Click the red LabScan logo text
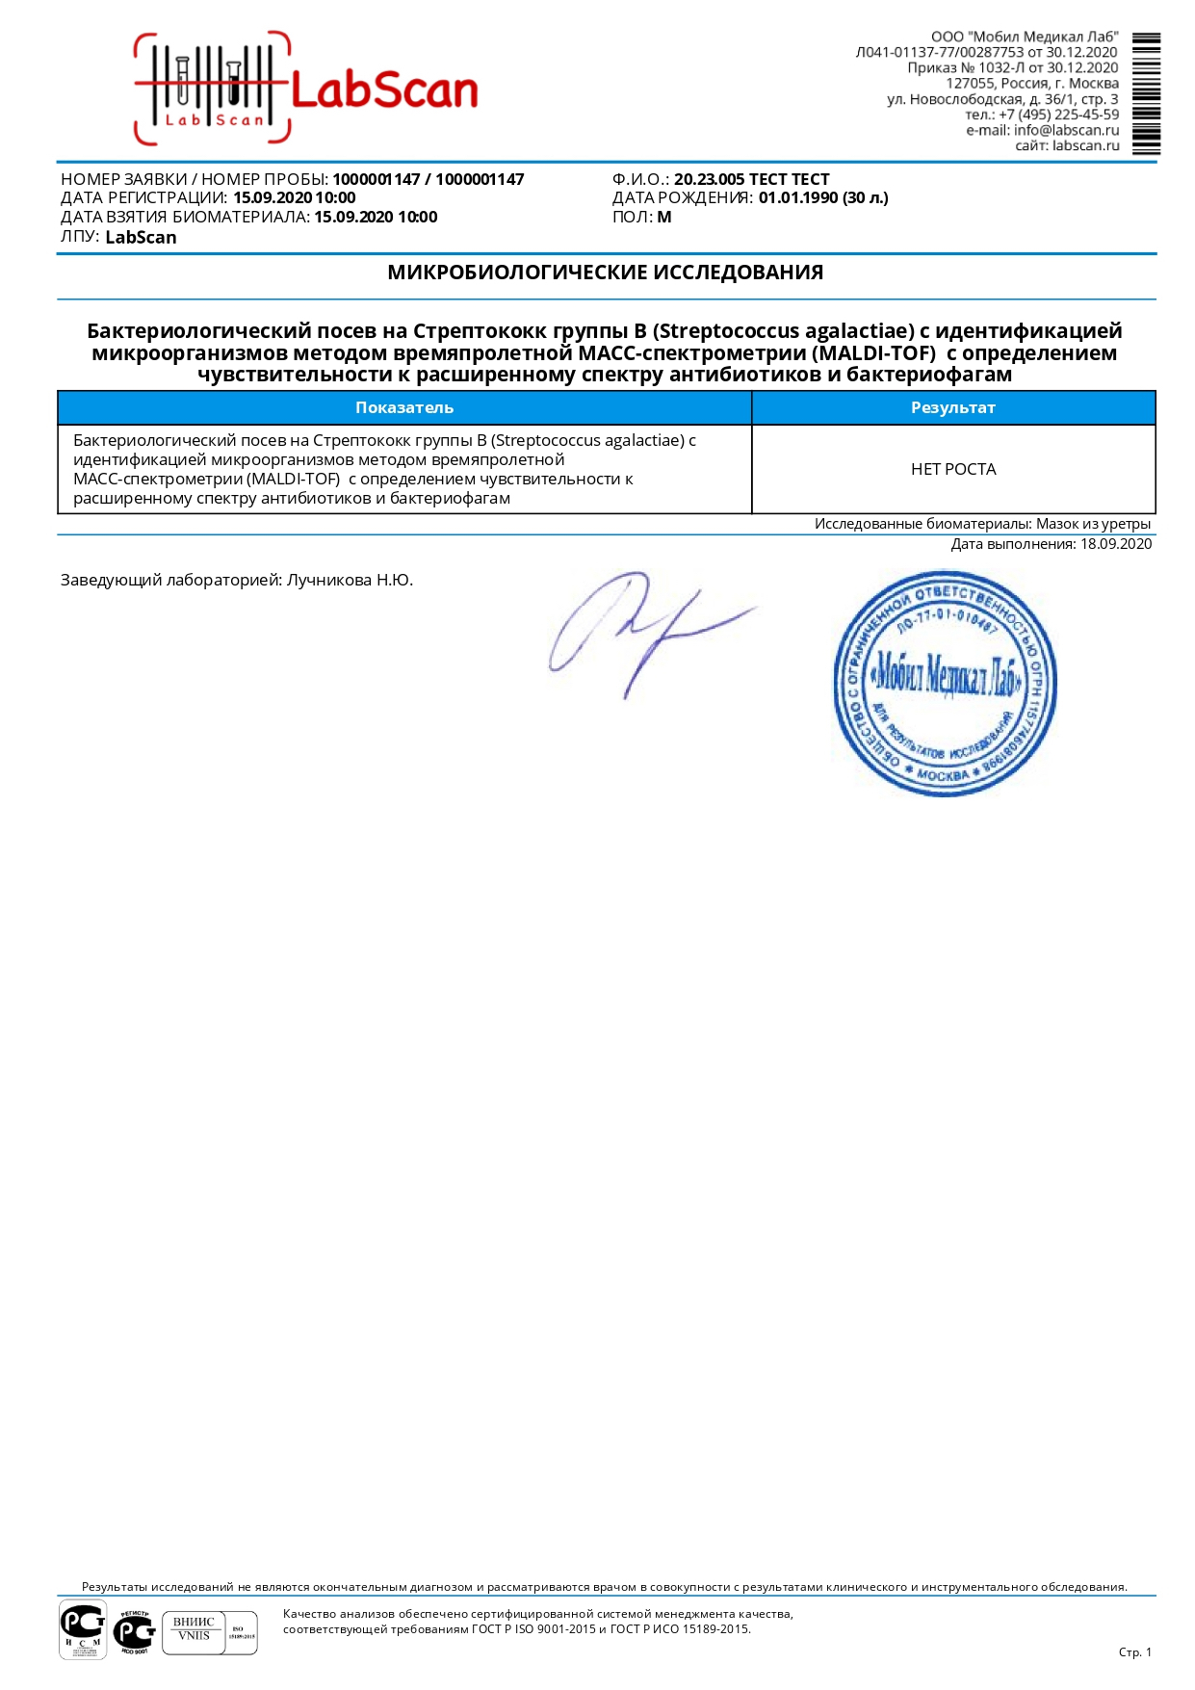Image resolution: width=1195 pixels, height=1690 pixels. click(x=383, y=91)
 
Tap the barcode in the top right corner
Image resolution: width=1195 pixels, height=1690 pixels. click(x=1146, y=93)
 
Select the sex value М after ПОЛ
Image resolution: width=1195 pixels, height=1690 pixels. click(x=664, y=217)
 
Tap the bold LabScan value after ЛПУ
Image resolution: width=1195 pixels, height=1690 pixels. click(x=141, y=237)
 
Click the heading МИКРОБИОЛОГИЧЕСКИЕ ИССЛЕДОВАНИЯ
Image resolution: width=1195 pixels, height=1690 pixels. click(x=605, y=273)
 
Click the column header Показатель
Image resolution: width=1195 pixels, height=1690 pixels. click(x=404, y=407)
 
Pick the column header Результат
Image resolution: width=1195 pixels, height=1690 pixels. click(x=952, y=407)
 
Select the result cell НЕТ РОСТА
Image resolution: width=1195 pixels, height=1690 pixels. click(x=953, y=469)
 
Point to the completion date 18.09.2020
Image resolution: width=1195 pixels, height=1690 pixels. click(x=1115, y=544)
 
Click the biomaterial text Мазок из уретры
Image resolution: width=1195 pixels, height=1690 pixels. click(x=1093, y=524)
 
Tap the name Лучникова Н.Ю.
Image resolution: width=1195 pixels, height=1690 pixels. click(x=350, y=580)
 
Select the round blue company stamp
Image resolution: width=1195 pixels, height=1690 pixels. click(x=944, y=683)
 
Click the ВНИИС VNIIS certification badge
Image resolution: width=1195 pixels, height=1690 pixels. click(x=195, y=1632)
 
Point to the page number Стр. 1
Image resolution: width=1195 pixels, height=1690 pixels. click(x=1134, y=1651)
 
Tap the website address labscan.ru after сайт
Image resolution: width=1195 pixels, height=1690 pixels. click(x=1085, y=145)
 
